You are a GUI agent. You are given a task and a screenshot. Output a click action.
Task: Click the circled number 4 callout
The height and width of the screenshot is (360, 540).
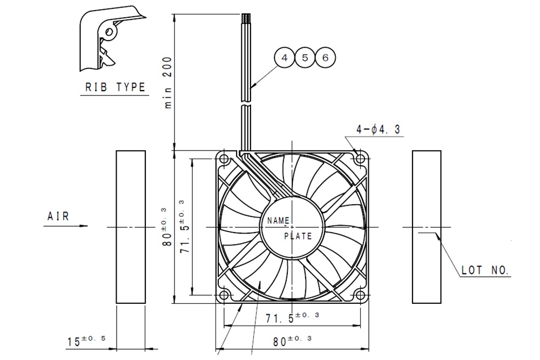click(285, 57)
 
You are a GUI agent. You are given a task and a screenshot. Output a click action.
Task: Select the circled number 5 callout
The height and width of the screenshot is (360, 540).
click(305, 57)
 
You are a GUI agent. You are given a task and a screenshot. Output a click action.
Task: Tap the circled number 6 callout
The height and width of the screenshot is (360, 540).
click(326, 57)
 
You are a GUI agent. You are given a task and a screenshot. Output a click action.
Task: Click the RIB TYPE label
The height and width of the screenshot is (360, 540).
click(116, 87)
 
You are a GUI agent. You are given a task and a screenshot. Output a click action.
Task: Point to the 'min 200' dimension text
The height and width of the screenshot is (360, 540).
click(168, 83)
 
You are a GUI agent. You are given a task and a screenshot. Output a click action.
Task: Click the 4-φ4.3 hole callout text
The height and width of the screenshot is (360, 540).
click(378, 130)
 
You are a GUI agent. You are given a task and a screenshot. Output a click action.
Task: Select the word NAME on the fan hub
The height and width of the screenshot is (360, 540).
click(278, 220)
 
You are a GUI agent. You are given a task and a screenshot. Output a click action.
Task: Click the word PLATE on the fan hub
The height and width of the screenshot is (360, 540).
click(298, 236)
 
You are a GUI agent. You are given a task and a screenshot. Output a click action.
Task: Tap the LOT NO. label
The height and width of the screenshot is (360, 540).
click(485, 270)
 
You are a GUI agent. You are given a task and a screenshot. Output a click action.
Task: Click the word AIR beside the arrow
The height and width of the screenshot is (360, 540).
click(58, 216)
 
